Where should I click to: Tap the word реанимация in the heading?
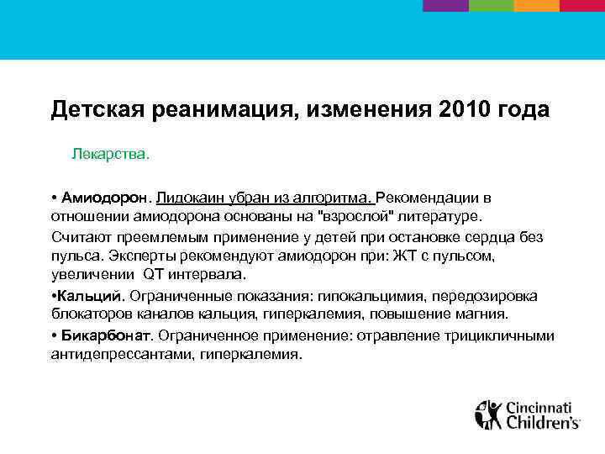(215, 109)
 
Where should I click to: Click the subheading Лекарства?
(110, 155)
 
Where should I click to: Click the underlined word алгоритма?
(332, 198)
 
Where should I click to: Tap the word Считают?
(80, 237)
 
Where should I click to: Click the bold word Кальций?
(90, 296)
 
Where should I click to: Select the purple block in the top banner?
(445, 5)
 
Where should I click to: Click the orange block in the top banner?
(536, 5)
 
